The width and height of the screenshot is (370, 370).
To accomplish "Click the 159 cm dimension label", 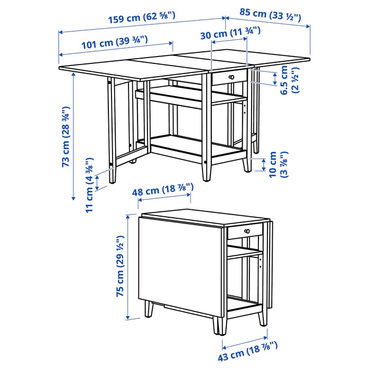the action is click(142, 17).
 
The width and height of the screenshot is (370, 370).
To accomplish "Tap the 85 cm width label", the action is click(271, 15).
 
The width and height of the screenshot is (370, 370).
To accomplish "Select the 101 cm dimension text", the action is click(115, 42).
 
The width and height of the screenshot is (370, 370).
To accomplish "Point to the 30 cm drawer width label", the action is click(230, 33).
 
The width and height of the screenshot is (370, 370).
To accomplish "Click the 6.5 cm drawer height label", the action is click(290, 80).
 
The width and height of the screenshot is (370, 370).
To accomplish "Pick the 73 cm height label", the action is click(66, 137).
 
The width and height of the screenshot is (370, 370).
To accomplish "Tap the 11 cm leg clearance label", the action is click(90, 186).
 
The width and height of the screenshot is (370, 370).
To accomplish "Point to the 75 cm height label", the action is click(120, 266).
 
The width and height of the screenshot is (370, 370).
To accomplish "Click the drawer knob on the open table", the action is click(232, 77).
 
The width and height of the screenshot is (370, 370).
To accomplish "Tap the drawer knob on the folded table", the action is click(247, 231).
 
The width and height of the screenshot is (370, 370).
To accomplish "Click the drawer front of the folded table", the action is click(245, 230).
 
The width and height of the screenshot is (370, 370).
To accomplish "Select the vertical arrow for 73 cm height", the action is click(73, 136).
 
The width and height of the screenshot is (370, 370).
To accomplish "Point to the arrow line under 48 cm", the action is click(164, 197).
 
